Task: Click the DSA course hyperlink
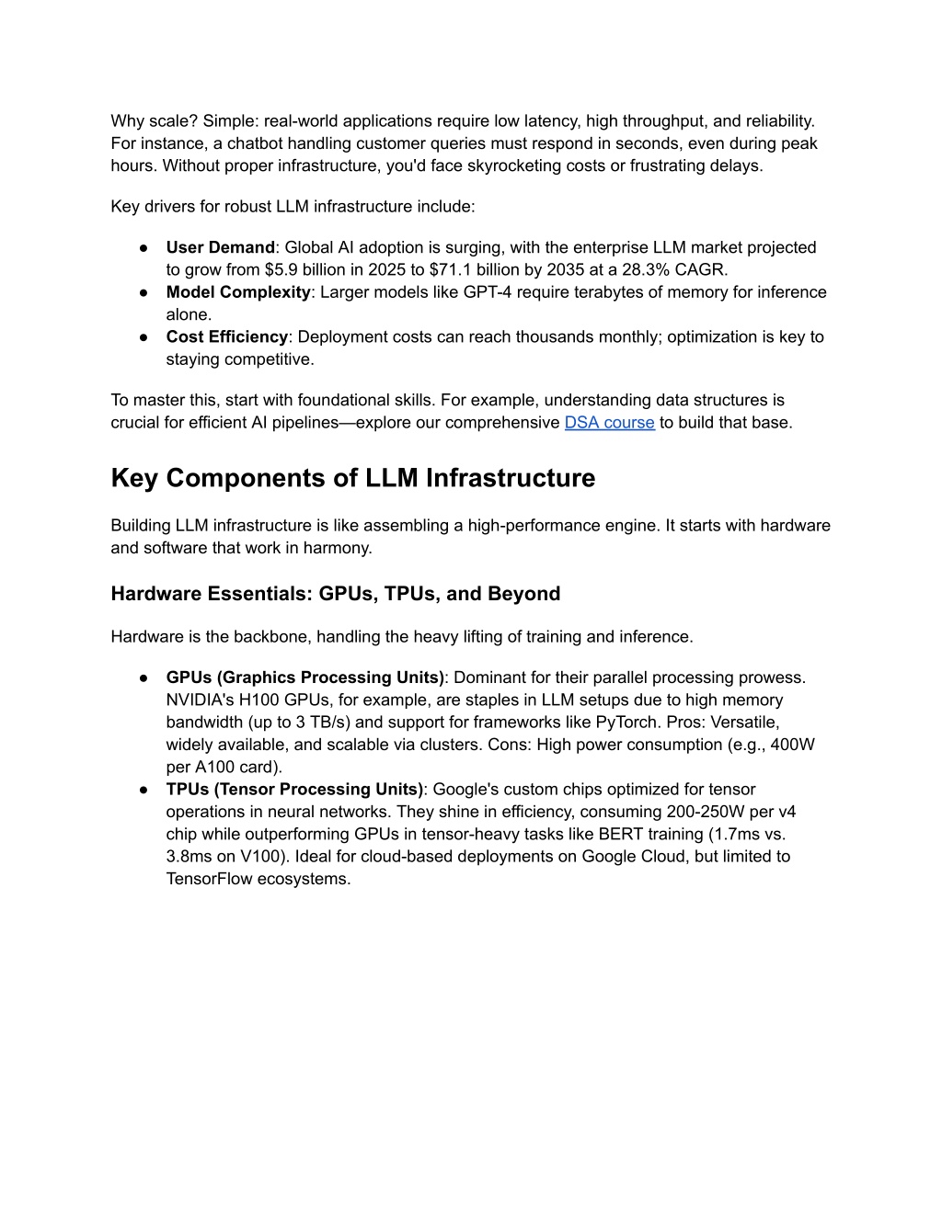(609, 423)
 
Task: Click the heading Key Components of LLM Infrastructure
(352, 478)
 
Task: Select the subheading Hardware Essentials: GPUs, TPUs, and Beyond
(335, 594)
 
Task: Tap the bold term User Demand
(220, 247)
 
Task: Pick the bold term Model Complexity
(238, 292)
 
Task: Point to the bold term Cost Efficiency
(226, 337)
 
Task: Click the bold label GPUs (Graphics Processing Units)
(304, 677)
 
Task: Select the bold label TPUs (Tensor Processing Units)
(294, 790)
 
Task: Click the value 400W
(792, 745)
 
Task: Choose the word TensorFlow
(209, 879)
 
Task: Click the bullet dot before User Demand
(144, 248)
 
